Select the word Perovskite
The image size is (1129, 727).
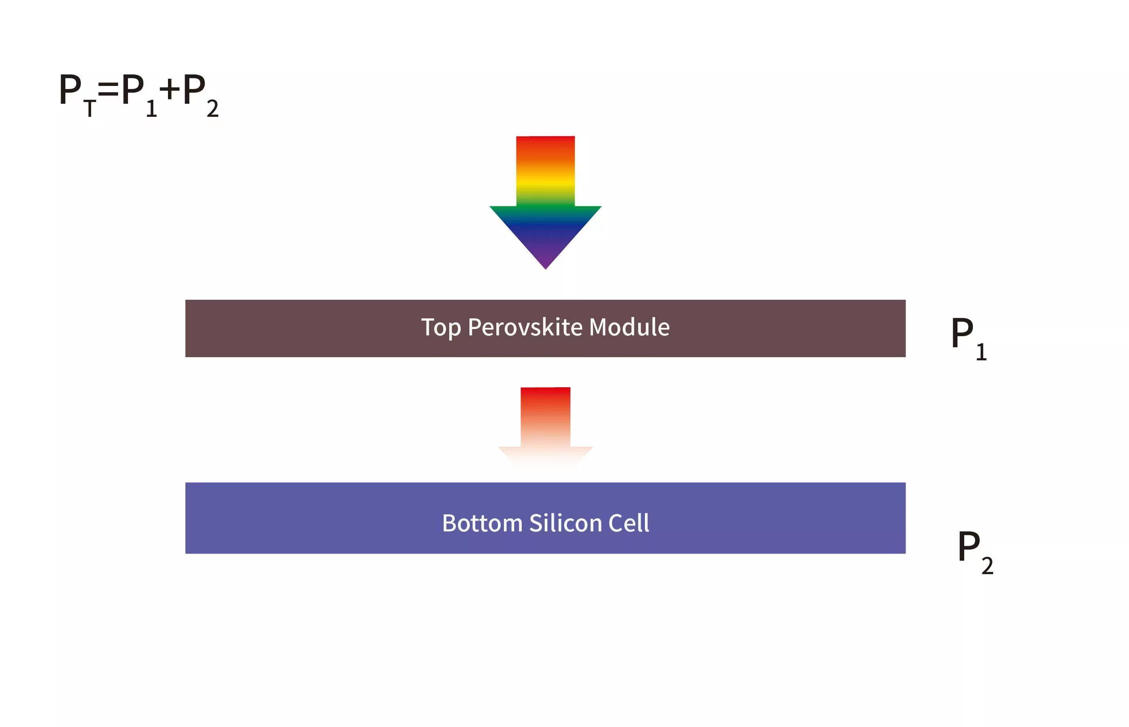pos(525,327)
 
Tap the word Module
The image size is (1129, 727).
pos(629,327)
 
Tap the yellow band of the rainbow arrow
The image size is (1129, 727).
pos(545,182)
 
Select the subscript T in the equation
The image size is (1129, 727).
pos(90,108)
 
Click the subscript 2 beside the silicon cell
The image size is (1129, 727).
pos(987,565)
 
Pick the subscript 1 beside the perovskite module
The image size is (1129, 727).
pos(982,352)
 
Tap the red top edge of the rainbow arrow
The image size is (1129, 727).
pos(545,137)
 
